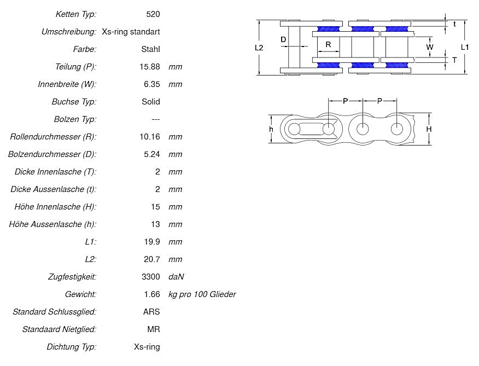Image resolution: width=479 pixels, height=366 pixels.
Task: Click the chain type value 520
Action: (153, 14)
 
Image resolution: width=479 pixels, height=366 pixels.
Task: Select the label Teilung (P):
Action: (75, 67)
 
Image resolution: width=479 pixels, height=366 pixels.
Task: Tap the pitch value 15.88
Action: (150, 67)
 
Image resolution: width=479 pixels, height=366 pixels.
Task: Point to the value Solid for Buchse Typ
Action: (150, 102)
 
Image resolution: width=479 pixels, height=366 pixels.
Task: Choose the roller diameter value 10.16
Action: (150, 137)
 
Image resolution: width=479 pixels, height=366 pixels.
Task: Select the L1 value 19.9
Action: (152, 242)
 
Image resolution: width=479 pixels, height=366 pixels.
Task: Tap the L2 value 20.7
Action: (152, 259)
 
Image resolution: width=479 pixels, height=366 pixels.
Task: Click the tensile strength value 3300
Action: (150, 277)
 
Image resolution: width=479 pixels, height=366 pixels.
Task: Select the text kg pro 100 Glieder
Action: (202, 294)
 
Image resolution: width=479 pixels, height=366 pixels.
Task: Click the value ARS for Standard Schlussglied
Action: (151, 312)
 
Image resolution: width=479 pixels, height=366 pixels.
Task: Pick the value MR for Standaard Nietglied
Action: (154, 329)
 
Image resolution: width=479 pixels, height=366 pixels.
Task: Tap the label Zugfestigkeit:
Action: (72, 277)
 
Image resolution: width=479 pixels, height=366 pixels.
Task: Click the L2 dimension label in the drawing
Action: (259, 48)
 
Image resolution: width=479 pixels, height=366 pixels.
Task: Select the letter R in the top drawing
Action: (328, 44)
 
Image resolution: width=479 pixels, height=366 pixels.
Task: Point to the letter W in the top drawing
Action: (430, 47)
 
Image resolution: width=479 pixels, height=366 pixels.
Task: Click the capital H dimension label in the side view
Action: (429, 129)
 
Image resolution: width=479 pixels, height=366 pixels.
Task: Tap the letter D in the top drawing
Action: (283, 39)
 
